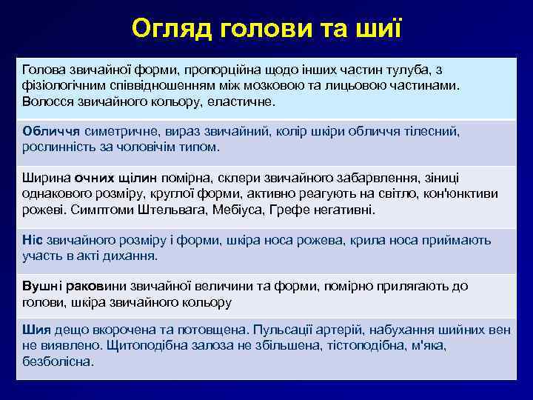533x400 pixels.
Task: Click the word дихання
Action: (131, 256)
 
